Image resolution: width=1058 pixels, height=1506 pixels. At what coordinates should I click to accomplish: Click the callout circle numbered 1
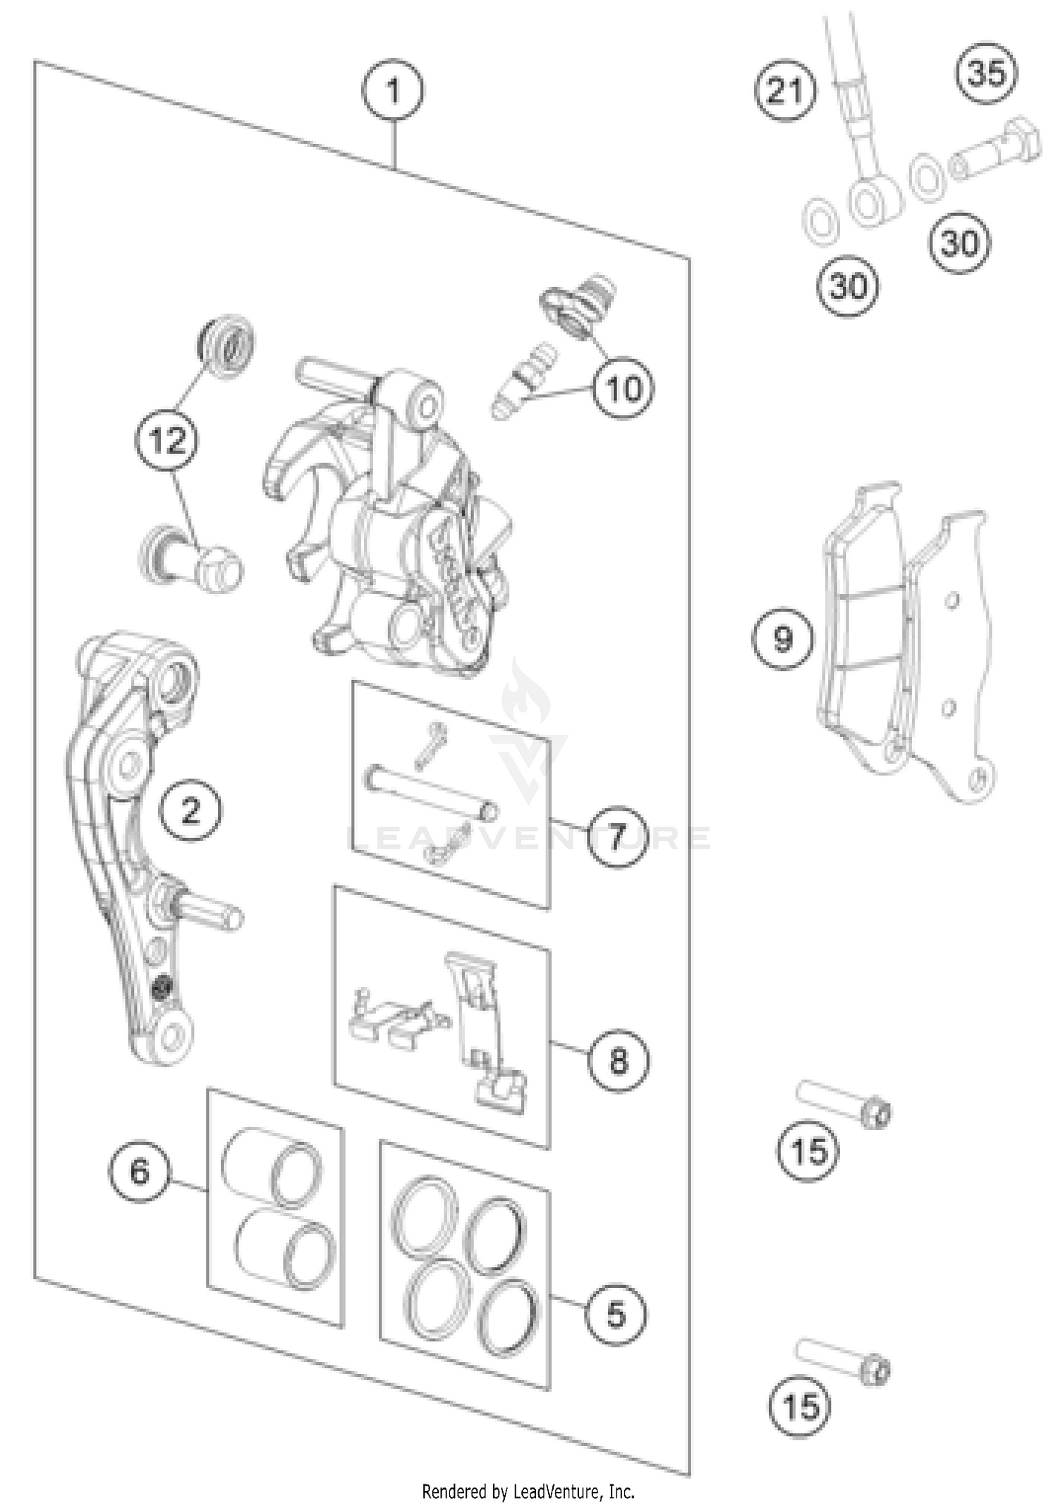(x=392, y=92)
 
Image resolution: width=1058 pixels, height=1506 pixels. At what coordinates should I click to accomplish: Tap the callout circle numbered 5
(x=616, y=1313)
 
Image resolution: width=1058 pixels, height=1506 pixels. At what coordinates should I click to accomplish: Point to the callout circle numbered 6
(x=140, y=1172)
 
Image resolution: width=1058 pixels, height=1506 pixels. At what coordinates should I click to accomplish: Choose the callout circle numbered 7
(x=616, y=837)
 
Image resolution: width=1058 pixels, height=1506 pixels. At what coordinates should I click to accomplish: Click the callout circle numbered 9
(x=782, y=638)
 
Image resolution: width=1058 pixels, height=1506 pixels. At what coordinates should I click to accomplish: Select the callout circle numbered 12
(x=168, y=442)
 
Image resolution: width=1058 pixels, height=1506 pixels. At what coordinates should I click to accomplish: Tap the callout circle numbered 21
(x=784, y=92)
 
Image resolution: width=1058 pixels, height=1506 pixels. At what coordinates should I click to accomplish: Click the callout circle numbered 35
(x=986, y=73)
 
